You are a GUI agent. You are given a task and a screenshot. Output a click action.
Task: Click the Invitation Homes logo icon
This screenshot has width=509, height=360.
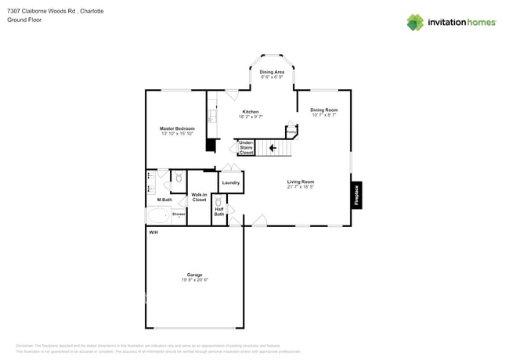point(415,22)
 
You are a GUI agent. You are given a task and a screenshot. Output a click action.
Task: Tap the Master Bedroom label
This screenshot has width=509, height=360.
point(177,128)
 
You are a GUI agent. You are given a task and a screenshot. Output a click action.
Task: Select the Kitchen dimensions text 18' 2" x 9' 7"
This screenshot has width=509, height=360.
point(250,117)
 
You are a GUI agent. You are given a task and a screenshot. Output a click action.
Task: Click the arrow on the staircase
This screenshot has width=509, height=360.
point(273,147)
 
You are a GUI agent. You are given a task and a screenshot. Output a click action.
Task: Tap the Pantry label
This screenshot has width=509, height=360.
point(291,132)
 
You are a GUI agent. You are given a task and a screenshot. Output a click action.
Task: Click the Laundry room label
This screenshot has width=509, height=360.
point(231,182)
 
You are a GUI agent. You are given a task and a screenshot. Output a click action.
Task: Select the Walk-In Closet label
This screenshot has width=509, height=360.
point(199,197)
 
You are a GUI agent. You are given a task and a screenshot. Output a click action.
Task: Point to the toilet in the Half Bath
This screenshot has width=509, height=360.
point(219,201)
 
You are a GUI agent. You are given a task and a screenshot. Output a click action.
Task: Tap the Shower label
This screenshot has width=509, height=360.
point(179,213)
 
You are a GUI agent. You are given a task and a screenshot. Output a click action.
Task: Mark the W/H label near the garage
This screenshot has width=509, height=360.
point(153,232)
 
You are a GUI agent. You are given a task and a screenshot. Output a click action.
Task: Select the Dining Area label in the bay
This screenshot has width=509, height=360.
point(272,72)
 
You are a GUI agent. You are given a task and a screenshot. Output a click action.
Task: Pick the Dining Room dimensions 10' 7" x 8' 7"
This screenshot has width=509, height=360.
point(323,115)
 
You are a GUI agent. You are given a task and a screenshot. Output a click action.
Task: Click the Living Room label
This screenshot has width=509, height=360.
point(300,182)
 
